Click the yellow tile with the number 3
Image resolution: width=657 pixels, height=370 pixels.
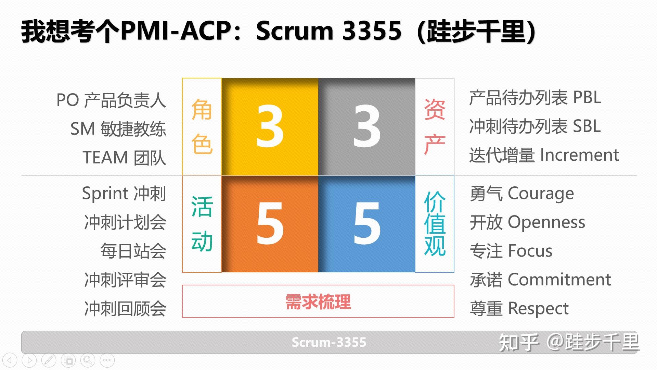(x=270, y=127)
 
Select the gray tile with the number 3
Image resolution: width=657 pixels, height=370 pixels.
(x=366, y=127)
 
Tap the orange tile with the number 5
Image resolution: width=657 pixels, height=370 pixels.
(x=270, y=224)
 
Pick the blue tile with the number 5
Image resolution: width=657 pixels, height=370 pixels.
(x=366, y=224)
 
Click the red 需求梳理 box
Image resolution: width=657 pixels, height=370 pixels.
(x=318, y=301)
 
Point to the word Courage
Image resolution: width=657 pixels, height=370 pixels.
(x=541, y=194)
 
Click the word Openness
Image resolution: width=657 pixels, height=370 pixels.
(x=546, y=223)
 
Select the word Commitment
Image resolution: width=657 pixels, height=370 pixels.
(x=559, y=280)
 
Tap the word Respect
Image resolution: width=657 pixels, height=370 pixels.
(x=538, y=309)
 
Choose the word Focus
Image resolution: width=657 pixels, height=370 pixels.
(x=530, y=251)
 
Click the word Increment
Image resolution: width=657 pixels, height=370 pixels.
(x=579, y=155)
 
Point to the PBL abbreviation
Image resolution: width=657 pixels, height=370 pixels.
(x=587, y=98)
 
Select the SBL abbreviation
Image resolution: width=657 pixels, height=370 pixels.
(x=587, y=126)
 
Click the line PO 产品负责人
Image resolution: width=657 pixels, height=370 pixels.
(x=111, y=100)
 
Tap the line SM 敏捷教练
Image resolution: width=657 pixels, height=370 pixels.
(x=118, y=129)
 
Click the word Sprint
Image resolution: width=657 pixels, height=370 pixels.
(x=105, y=194)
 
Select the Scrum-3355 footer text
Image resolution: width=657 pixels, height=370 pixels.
(x=329, y=342)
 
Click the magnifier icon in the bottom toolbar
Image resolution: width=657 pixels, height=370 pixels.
(x=88, y=360)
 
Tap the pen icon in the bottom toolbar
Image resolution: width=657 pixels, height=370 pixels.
(x=49, y=360)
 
